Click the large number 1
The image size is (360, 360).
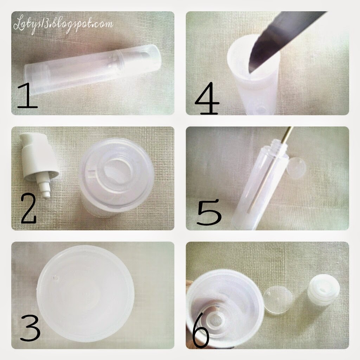click(x=27, y=96)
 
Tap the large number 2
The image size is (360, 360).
click(x=29, y=208)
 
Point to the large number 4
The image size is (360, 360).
click(x=207, y=99)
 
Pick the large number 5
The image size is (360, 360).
click(x=209, y=212)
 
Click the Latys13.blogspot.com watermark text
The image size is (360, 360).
click(x=63, y=25)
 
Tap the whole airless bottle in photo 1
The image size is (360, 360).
click(x=92, y=69)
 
